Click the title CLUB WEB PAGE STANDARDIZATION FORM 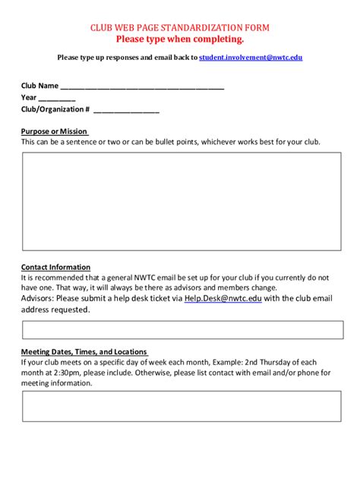[x=180, y=27]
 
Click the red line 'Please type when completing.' [x=180, y=39]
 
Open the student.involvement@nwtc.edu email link [x=251, y=58]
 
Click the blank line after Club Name [x=142, y=86]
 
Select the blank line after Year [x=57, y=98]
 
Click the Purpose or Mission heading [x=54, y=131]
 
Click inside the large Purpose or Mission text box [x=182, y=200]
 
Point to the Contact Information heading [x=55, y=267]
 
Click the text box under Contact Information [x=182, y=330]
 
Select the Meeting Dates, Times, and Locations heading [x=84, y=352]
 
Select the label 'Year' [x=29, y=98]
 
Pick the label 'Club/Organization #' [x=55, y=109]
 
